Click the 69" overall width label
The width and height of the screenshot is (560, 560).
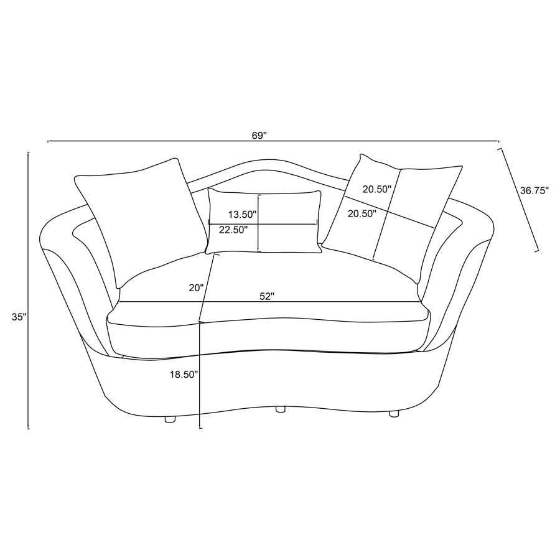[x=259, y=136]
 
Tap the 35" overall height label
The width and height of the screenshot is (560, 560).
[x=19, y=317]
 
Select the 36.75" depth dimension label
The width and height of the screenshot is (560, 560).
[x=534, y=191]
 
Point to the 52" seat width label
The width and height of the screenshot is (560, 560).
[x=266, y=296]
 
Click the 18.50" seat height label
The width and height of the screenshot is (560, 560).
[x=184, y=375]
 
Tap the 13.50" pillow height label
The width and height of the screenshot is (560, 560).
[x=243, y=215]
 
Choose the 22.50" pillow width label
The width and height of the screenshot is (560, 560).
[x=233, y=230]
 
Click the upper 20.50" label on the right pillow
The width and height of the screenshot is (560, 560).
[x=377, y=189]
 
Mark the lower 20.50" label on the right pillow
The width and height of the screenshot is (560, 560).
[x=362, y=213]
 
